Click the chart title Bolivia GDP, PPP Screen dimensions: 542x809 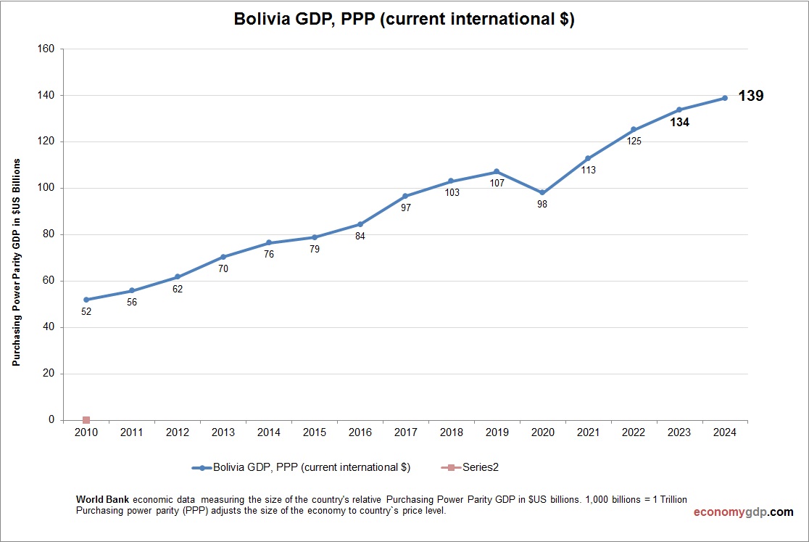coord(404,20)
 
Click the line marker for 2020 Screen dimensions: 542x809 coord(542,193)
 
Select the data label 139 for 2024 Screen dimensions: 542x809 coord(750,96)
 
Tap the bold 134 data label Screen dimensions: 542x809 coord(679,123)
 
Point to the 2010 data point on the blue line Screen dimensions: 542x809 coord(86,300)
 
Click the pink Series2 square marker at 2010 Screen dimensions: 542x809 coord(86,420)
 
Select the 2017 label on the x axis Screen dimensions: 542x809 coord(405,432)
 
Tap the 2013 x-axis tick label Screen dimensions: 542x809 coord(223,432)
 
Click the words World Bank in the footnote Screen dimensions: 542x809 coord(102,500)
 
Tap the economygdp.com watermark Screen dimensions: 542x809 coord(743,512)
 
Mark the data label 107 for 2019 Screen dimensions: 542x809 coord(497,183)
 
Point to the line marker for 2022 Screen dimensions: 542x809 coord(634,129)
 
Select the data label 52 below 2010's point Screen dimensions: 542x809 coord(86,312)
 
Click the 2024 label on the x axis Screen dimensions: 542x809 coord(725,432)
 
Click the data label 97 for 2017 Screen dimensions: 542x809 coord(405,208)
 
